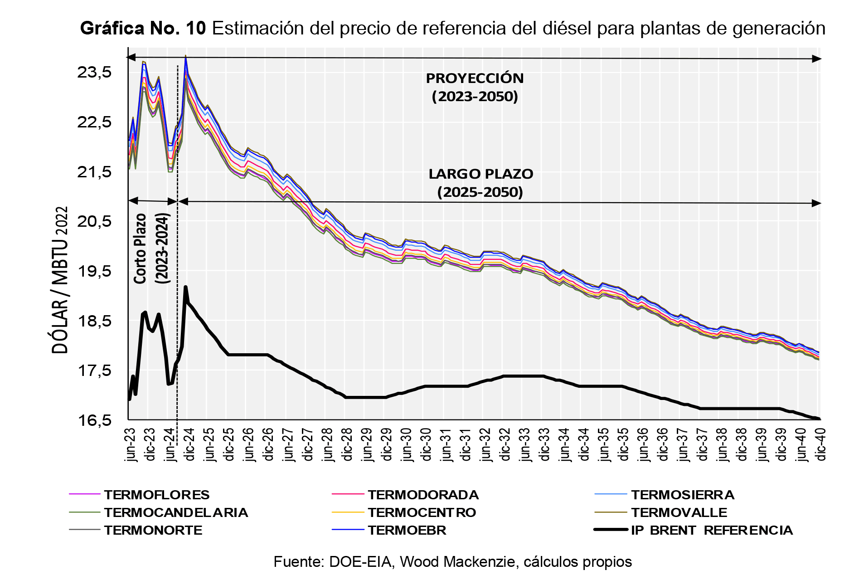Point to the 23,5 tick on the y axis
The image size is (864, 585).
click(x=94, y=72)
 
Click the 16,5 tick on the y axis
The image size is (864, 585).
click(x=94, y=420)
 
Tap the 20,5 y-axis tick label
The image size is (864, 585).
click(x=94, y=221)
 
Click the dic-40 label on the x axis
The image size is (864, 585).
click(x=820, y=444)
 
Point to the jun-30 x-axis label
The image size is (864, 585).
click(x=407, y=444)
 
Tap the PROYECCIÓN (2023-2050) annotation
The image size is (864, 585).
click(x=475, y=87)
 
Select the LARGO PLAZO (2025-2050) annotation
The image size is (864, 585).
click(x=481, y=183)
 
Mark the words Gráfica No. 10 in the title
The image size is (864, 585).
click(x=143, y=28)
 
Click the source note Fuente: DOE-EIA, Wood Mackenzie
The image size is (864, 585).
click(x=452, y=562)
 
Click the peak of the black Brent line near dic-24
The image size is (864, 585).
click(x=185, y=287)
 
